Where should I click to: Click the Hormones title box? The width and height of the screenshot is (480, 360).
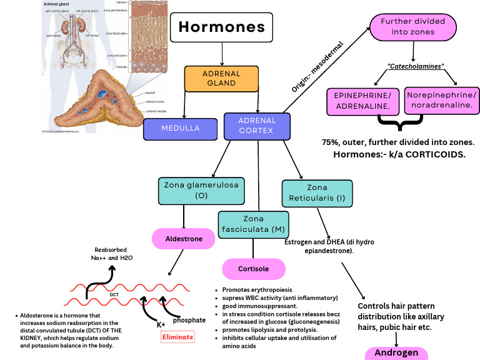tap(222, 27)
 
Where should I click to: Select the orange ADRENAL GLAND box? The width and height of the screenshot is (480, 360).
tap(221, 78)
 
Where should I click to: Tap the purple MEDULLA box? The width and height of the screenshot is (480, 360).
tap(179, 128)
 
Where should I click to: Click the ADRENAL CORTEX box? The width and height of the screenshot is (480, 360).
tap(257, 126)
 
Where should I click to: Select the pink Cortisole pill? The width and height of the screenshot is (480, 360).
tap(253, 269)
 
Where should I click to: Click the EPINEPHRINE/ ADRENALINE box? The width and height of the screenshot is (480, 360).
tap(363, 101)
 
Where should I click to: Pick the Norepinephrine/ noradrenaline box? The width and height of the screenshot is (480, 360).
tap(441, 99)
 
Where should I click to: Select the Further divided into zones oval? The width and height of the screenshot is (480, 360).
tap(412, 26)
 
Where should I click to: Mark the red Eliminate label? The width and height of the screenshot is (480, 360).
tap(177, 337)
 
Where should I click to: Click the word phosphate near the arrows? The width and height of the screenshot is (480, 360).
tap(189, 319)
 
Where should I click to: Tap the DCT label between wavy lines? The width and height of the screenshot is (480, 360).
tap(114, 294)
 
